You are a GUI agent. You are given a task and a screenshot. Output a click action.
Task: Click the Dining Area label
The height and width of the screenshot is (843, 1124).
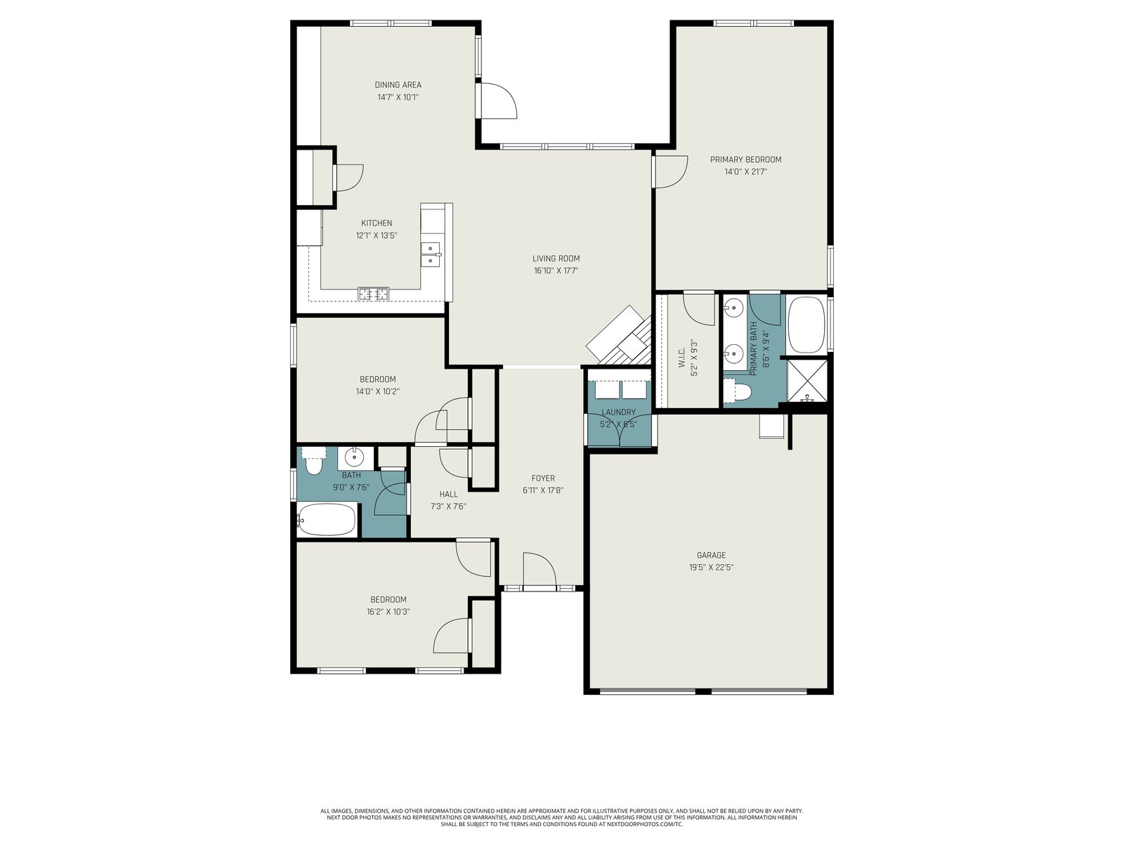[398, 85]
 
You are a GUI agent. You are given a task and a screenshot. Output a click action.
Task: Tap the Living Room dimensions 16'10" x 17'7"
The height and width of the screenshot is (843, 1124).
[556, 270]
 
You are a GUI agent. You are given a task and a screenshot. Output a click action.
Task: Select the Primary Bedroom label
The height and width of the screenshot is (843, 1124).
[745, 159]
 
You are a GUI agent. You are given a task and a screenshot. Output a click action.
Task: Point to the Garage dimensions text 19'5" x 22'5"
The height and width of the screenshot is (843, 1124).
[711, 567]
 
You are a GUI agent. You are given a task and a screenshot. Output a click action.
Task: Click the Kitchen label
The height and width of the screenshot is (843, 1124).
[377, 223]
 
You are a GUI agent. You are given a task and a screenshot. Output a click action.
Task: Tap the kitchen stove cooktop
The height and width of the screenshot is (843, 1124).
[373, 294]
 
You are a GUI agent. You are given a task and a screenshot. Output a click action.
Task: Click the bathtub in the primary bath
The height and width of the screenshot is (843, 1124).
[806, 325]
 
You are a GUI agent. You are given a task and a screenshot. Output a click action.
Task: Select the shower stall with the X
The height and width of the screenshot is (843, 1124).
[806, 381]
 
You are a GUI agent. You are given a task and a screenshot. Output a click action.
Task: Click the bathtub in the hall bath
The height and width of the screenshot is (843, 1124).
[327, 520]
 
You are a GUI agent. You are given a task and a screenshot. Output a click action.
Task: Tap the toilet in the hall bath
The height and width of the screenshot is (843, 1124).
[313, 461]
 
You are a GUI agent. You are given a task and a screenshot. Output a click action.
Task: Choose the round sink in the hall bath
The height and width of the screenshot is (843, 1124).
[354, 455]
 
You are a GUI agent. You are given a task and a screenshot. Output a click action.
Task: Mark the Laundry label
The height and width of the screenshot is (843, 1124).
[619, 412]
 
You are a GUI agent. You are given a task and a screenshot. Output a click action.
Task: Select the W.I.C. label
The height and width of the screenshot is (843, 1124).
[681, 358]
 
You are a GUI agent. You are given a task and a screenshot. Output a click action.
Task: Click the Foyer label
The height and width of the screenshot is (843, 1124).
[543, 478]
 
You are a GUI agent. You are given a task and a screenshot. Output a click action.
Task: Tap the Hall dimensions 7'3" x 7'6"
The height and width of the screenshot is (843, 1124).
[448, 507]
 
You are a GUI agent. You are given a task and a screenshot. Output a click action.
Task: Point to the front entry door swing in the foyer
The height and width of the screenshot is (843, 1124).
[540, 569]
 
